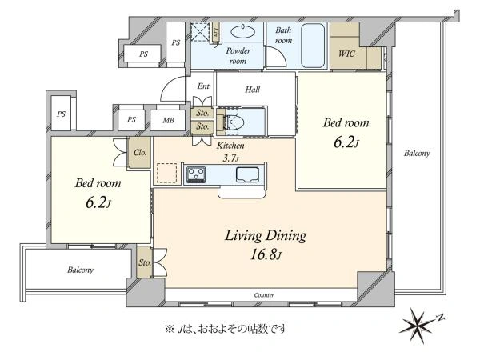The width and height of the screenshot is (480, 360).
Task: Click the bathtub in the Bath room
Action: [x=313, y=46]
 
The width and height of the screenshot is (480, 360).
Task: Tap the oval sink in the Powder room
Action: [x=242, y=31]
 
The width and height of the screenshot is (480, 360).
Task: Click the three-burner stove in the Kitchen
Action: [x=196, y=174]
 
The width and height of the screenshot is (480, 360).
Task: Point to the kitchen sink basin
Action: [x=248, y=175]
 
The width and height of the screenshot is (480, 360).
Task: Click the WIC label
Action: [x=346, y=54]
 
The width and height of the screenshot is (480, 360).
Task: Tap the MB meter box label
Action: [x=168, y=120]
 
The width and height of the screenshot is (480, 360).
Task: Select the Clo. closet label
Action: [x=140, y=152]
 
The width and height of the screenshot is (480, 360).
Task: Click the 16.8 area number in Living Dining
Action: [x=262, y=254]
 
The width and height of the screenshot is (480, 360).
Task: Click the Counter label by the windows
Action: [x=264, y=295]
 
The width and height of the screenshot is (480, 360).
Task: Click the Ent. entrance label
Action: [x=204, y=86]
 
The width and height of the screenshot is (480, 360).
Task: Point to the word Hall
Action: [x=253, y=90]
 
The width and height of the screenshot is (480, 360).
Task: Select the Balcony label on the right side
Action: [x=417, y=153]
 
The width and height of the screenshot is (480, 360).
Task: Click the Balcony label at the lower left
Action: [x=80, y=270]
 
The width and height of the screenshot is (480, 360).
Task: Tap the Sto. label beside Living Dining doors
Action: [x=145, y=262]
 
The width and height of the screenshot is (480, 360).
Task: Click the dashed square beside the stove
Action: [x=167, y=174]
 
